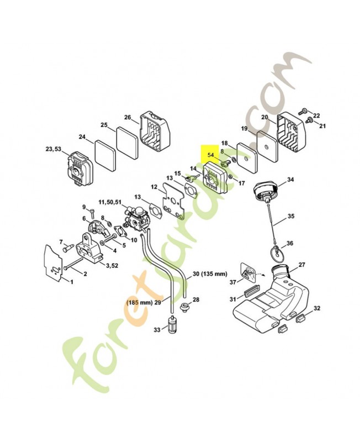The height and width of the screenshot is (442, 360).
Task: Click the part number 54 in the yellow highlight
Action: tap(211, 155)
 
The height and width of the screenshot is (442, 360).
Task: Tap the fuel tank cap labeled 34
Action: tap(266, 190)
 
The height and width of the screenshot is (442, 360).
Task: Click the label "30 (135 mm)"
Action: tap(210, 273)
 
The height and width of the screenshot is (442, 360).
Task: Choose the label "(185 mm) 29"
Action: tap(144, 302)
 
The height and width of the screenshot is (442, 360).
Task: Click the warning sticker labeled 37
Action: tap(248, 272)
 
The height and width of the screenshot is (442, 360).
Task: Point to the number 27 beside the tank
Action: tap(301, 265)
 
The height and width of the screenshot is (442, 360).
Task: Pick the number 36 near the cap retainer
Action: tap(289, 243)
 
